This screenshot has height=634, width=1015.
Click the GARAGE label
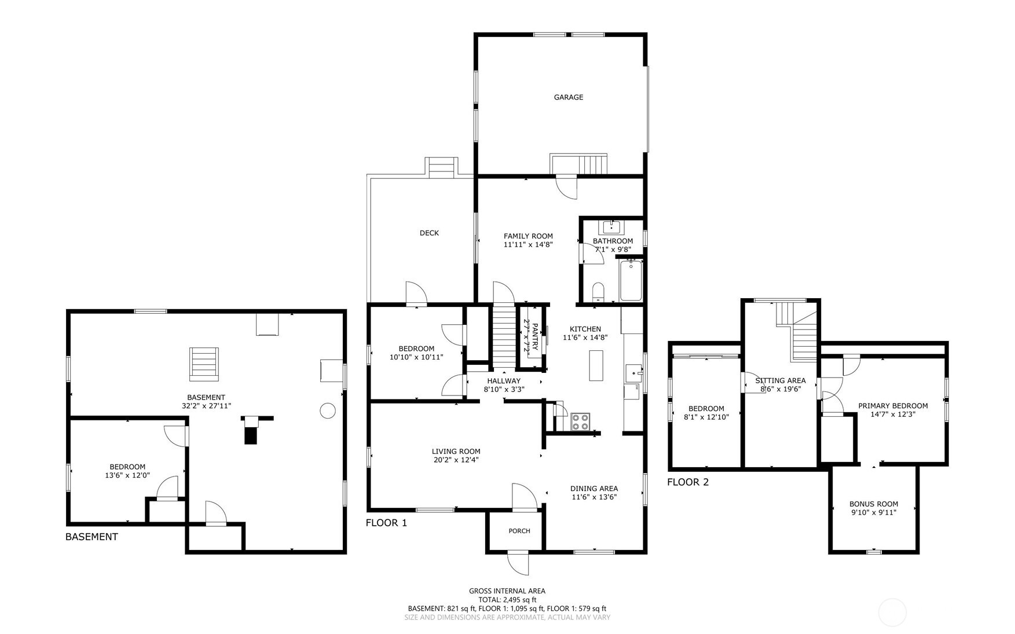[x=568, y=97]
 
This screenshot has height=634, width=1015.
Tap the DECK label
[x=429, y=233]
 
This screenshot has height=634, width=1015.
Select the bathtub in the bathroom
[x=631, y=281]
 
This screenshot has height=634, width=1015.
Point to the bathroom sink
[x=611, y=226]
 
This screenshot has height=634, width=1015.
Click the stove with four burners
[x=580, y=422]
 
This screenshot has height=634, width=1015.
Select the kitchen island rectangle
[x=596, y=365]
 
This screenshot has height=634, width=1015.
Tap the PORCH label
[x=519, y=531]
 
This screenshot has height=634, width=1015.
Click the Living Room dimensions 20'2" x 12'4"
[x=456, y=460]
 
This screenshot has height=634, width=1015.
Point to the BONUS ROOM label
[x=873, y=504]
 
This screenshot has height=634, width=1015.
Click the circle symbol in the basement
[x=328, y=411]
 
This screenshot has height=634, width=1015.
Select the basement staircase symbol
[x=204, y=364]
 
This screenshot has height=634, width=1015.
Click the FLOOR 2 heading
[x=687, y=482]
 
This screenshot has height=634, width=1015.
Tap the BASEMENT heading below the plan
[x=91, y=537]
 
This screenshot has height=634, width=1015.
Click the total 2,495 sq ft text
[x=507, y=600]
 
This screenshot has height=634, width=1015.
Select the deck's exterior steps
[x=442, y=168]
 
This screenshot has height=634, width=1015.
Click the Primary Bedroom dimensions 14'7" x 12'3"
[x=892, y=415]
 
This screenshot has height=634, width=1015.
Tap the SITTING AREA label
[x=780, y=380]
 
